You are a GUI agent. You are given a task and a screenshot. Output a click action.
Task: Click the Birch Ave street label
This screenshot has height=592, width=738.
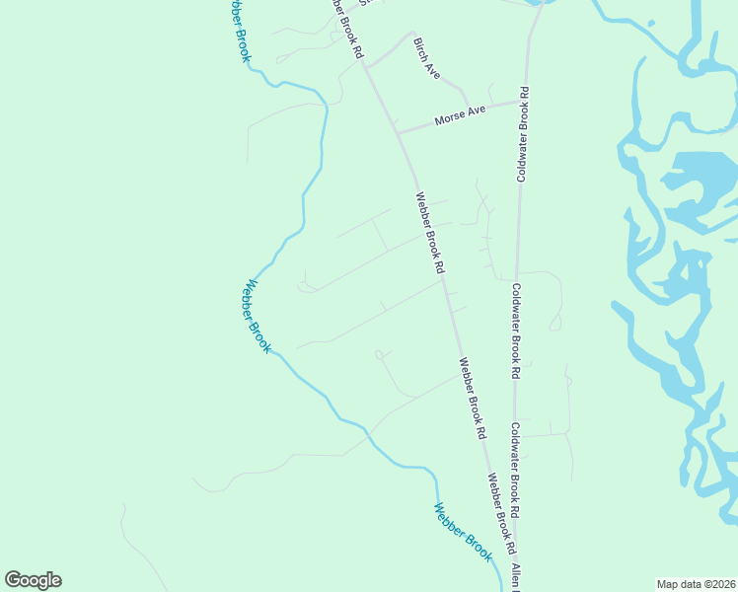pos(426,58)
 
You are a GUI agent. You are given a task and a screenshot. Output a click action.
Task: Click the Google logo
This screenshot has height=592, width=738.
pos(33,580)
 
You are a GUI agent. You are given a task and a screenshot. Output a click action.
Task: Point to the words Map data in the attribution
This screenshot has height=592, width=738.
pos(680,583)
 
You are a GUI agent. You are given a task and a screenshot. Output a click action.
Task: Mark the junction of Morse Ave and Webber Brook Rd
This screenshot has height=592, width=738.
pos(397,131)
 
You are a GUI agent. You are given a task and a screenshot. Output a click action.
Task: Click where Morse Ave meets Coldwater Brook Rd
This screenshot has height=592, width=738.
pos(522,101)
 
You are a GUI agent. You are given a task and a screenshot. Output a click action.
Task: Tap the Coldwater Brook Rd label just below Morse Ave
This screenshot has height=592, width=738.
pos(523,134)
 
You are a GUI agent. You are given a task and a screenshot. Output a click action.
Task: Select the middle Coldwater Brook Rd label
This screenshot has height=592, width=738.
pos(515,332)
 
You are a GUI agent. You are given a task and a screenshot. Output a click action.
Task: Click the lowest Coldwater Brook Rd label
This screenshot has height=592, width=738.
pos(515,472)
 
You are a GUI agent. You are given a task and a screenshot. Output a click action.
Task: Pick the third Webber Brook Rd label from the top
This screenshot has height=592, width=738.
pos(472,397)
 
